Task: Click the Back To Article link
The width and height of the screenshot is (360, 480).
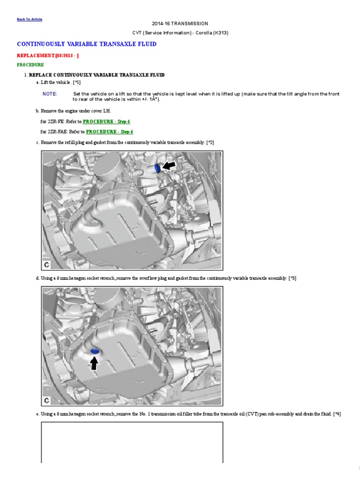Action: click(x=30, y=19)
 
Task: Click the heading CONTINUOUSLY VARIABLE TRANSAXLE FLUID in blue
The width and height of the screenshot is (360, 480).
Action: click(x=87, y=44)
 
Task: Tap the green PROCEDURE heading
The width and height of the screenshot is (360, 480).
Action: click(x=30, y=65)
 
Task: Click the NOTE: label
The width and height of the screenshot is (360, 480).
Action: click(x=50, y=94)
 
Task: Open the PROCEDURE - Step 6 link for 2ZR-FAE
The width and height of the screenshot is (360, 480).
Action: click(x=110, y=132)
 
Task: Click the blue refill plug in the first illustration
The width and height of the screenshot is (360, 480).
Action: click(x=158, y=168)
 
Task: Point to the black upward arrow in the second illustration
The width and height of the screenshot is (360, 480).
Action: click(x=94, y=363)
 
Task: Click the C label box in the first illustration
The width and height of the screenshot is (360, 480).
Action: click(x=47, y=265)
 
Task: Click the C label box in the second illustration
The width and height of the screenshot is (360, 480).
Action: click(x=47, y=400)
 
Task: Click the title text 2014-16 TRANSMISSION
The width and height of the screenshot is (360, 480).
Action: click(x=180, y=23)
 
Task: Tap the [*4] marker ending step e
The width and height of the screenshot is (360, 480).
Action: click(x=337, y=414)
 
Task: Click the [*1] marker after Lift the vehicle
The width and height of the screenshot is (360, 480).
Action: click(x=77, y=82)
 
